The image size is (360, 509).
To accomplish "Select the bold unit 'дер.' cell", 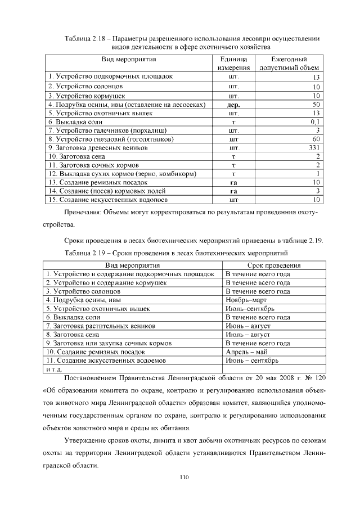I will point(233,105).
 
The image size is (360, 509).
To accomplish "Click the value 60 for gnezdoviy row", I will point(316,139).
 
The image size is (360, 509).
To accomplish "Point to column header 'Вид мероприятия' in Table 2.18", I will point(129,59).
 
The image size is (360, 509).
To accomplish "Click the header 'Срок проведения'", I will point(273,265).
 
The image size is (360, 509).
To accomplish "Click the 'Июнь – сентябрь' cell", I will point(251,361).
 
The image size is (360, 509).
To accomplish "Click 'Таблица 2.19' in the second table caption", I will point(85,253).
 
